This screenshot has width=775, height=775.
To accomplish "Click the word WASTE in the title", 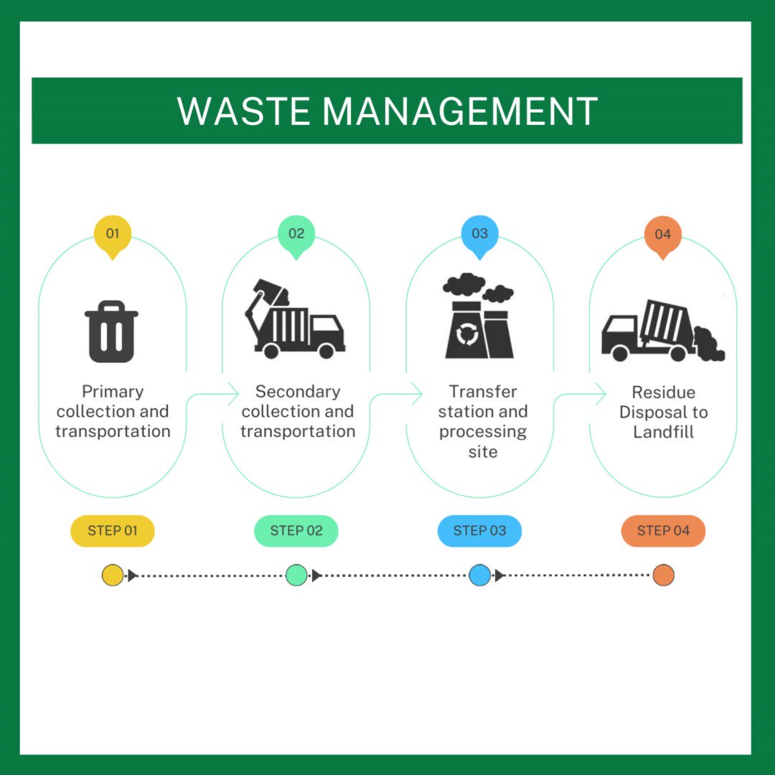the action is click(x=243, y=111).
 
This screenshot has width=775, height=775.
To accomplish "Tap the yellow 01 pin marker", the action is click(x=113, y=237).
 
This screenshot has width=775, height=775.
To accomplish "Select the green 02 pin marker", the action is click(x=296, y=237).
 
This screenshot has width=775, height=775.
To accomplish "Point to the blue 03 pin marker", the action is click(x=479, y=237).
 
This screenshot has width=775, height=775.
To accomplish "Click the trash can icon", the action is click(x=112, y=331).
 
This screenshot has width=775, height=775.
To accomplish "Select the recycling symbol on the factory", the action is click(x=466, y=334).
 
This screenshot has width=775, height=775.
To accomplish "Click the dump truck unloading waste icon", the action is click(x=663, y=330).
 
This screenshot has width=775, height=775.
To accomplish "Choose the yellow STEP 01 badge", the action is click(x=113, y=531).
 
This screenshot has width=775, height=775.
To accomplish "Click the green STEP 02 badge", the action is click(x=296, y=531).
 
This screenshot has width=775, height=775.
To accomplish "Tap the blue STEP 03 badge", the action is click(x=479, y=531).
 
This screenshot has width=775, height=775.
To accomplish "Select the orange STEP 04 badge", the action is click(x=663, y=531).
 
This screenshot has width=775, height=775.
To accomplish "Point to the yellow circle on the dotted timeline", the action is click(x=113, y=576).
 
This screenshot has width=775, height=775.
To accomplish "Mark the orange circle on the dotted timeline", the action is click(x=663, y=576).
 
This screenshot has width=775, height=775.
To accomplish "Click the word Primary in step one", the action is click(x=113, y=392).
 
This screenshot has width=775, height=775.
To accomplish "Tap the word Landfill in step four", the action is click(x=663, y=432).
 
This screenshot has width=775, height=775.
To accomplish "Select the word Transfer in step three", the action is click(x=483, y=392).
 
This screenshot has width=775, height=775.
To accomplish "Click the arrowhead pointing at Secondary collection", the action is click(x=234, y=395).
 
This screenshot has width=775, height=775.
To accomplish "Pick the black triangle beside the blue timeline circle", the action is click(x=499, y=576).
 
